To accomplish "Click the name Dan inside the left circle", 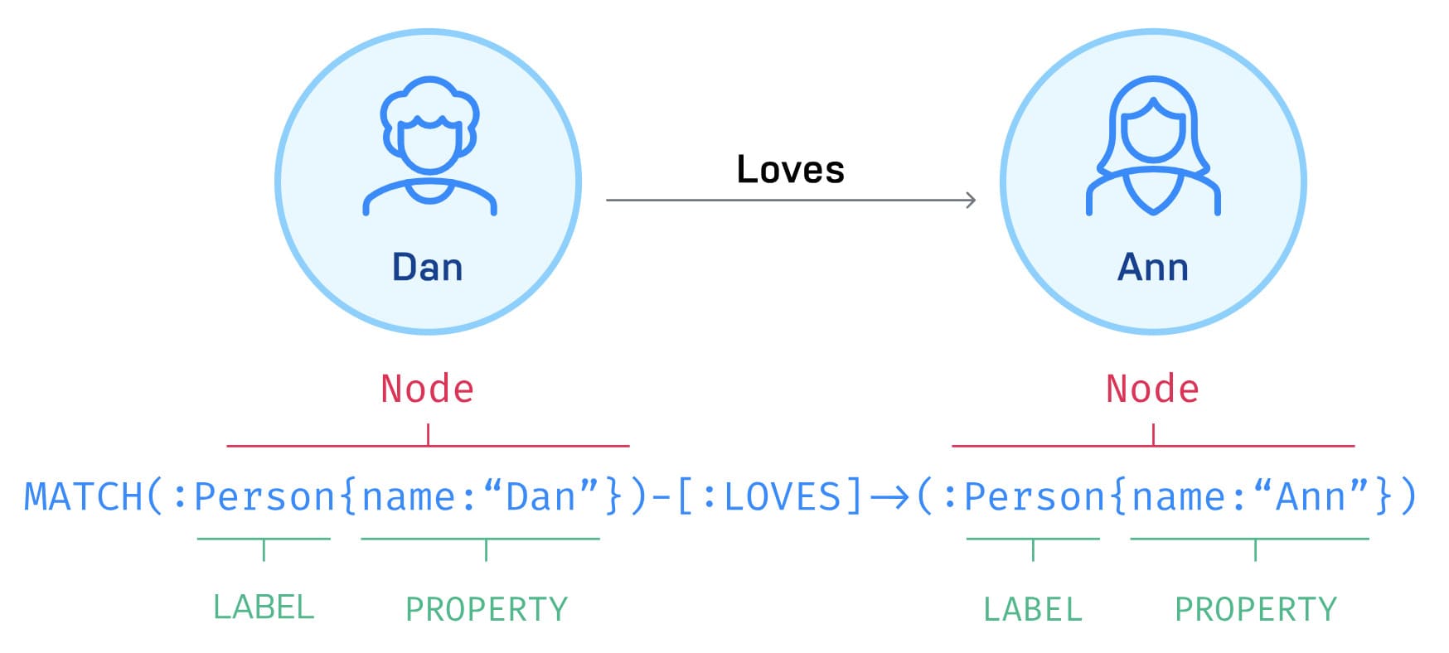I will (x=427, y=268).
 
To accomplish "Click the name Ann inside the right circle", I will (x=1152, y=268).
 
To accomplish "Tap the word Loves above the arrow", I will (x=790, y=170).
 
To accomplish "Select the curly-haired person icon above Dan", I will (x=429, y=146).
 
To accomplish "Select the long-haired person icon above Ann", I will (x=1153, y=146).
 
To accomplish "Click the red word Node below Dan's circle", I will (x=427, y=389).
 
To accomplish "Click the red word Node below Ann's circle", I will (x=1152, y=389).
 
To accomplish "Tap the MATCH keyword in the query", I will (x=83, y=497).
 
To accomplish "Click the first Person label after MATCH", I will (x=264, y=497).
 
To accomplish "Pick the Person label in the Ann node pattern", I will (x=1035, y=497).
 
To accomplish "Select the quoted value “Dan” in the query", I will (x=540, y=497).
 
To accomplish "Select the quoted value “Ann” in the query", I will (x=1311, y=497).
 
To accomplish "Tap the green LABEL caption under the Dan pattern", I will (x=264, y=607).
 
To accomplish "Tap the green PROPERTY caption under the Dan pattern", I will (x=487, y=610).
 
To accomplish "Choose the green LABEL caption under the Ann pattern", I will (x=1033, y=610).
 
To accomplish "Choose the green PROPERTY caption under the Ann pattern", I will (x=1256, y=610).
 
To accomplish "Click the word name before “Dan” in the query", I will (x=408, y=497).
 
